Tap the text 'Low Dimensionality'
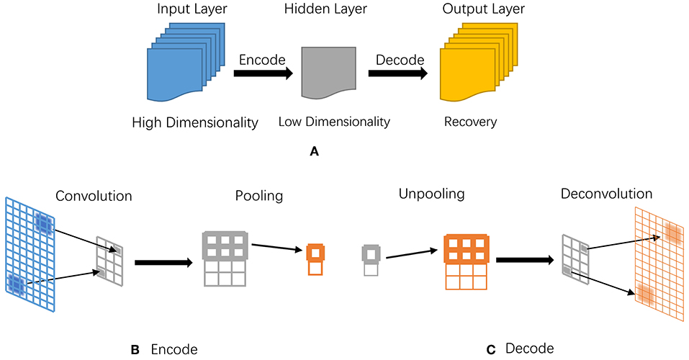tap(334, 122)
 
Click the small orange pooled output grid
tap(315, 260)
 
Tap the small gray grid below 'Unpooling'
tap(370, 262)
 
